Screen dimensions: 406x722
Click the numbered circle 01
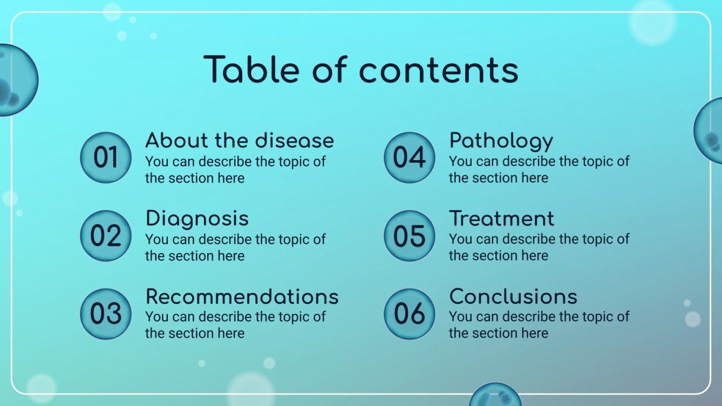106,157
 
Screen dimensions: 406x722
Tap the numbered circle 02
106,236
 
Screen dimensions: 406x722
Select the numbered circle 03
106,314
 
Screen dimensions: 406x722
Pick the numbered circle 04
409,157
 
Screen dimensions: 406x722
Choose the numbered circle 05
409,236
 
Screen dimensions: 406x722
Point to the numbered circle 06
409,314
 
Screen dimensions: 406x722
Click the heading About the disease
240,141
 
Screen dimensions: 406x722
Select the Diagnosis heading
197,218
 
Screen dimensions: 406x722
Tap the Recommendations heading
242,297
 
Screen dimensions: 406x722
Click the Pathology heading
501,141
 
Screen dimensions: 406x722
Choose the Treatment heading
501,218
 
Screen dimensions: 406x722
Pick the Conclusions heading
513,297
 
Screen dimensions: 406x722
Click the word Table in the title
253,70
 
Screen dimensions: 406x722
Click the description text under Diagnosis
235,247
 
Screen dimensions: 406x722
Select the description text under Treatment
539,247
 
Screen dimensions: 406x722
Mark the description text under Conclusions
539,325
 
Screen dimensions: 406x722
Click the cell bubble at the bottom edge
495,396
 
